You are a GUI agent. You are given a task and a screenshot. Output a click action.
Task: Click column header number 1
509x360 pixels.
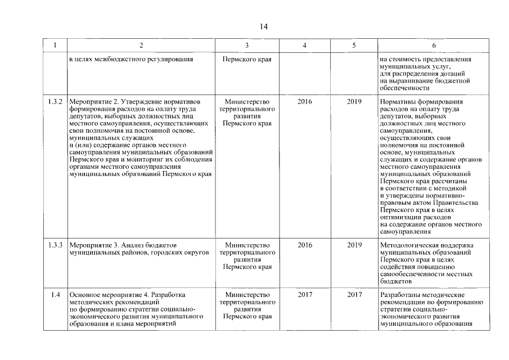click(55, 46)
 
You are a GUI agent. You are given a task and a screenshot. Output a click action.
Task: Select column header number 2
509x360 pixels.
click(141, 46)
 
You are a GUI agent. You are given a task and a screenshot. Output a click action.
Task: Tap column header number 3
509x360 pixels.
click(247, 46)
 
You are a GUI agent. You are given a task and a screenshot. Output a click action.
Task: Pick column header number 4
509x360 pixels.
click(304, 46)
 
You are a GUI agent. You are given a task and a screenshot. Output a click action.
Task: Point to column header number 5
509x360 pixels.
click(354, 46)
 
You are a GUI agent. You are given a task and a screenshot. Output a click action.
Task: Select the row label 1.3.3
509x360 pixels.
click(55, 245)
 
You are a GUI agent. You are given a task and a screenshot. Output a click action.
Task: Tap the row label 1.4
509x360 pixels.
click(55, 295)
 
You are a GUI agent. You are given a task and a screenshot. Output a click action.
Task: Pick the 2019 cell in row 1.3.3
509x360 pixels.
click(354, 245)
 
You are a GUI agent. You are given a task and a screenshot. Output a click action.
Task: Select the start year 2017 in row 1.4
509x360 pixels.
click(304, 295)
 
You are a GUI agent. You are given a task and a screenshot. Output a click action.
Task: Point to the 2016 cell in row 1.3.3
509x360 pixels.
click(304, 245)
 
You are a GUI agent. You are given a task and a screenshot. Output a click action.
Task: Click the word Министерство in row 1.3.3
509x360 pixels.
click(247, 245)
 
